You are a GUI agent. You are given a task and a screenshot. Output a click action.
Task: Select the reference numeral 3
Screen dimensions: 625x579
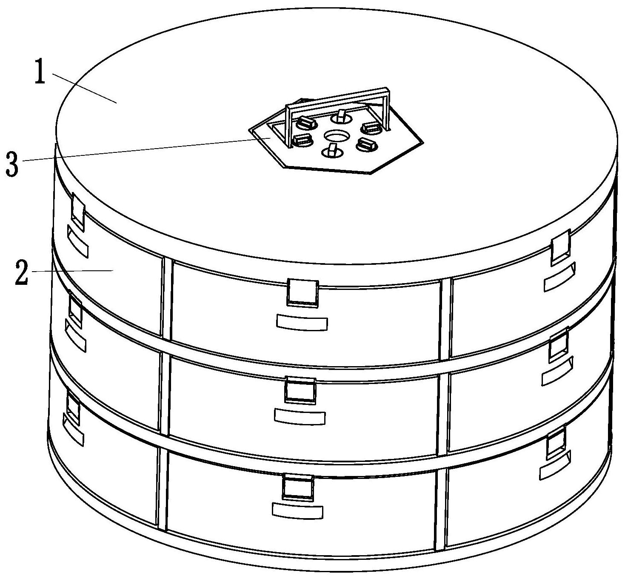tap(12, 163)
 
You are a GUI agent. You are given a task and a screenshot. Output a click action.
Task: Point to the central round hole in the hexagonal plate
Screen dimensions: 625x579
tap(337, 136)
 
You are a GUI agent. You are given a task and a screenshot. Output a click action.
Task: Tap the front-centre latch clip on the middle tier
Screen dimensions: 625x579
tap(300, 390)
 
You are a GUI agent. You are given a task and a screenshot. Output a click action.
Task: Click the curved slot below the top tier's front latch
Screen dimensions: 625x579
tap(302, 323)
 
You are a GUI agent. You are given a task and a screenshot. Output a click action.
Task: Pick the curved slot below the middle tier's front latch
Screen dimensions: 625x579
tap(300, 416)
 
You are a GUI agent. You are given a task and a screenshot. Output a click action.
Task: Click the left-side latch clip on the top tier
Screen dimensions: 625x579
tap(78, 211)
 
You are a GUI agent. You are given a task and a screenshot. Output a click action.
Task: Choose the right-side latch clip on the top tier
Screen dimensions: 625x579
tap(560, 247)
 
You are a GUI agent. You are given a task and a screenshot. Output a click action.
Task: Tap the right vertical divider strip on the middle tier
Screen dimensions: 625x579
tap(443, 413)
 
